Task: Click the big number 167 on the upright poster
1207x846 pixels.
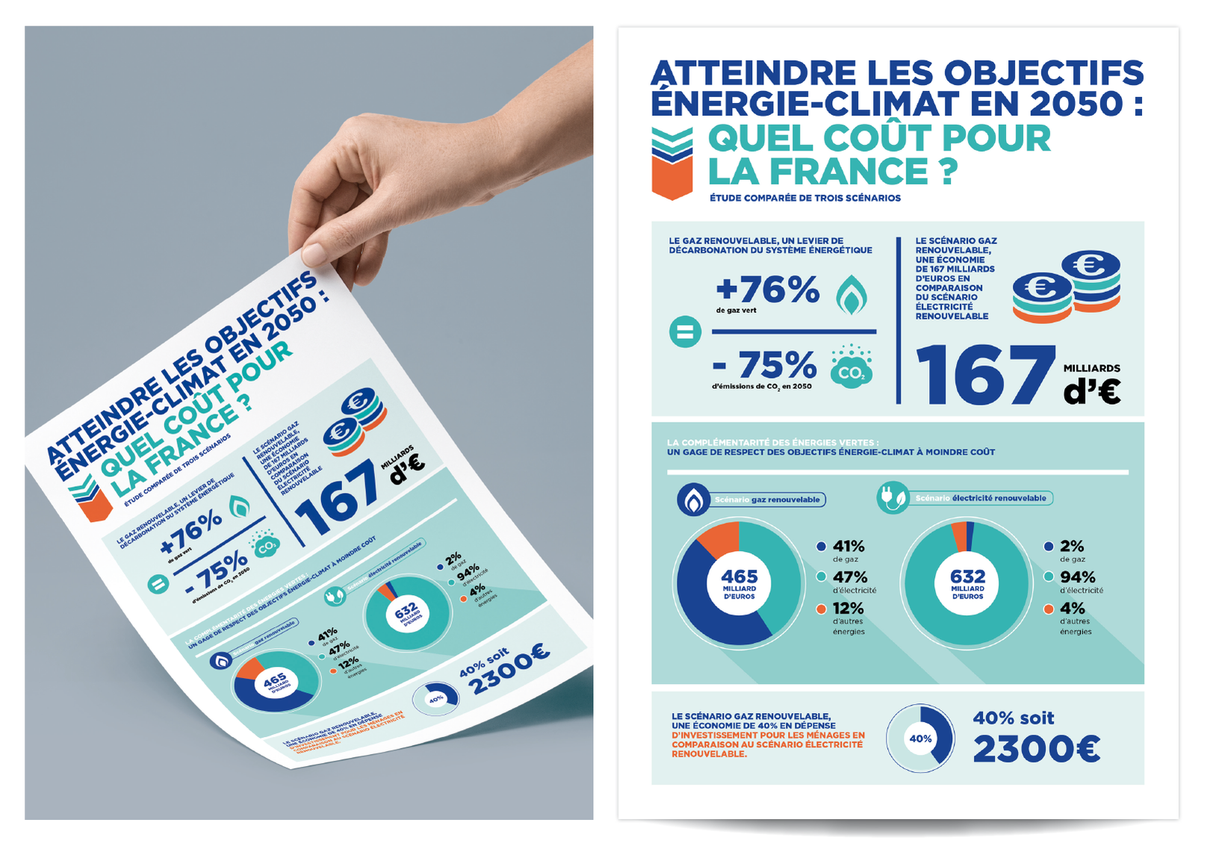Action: pos(985,375)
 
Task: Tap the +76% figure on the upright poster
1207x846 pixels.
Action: pos(767,290)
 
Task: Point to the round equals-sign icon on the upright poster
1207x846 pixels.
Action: pos(685,332)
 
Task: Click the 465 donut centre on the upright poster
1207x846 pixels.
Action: pos(739,583)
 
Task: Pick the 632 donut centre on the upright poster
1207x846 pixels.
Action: pos(967,583)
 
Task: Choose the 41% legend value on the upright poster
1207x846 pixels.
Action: pos(848,547)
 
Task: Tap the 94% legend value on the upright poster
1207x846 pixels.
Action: pos(1077,577)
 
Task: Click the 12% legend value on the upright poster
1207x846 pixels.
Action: pos(848,609)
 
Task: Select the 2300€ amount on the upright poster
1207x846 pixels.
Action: pos(1036,749)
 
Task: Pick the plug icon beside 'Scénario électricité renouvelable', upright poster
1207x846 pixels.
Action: pos(892,498)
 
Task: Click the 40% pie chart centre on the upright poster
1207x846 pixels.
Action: pos(920,738)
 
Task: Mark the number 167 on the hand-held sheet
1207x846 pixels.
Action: pos(338,497)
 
